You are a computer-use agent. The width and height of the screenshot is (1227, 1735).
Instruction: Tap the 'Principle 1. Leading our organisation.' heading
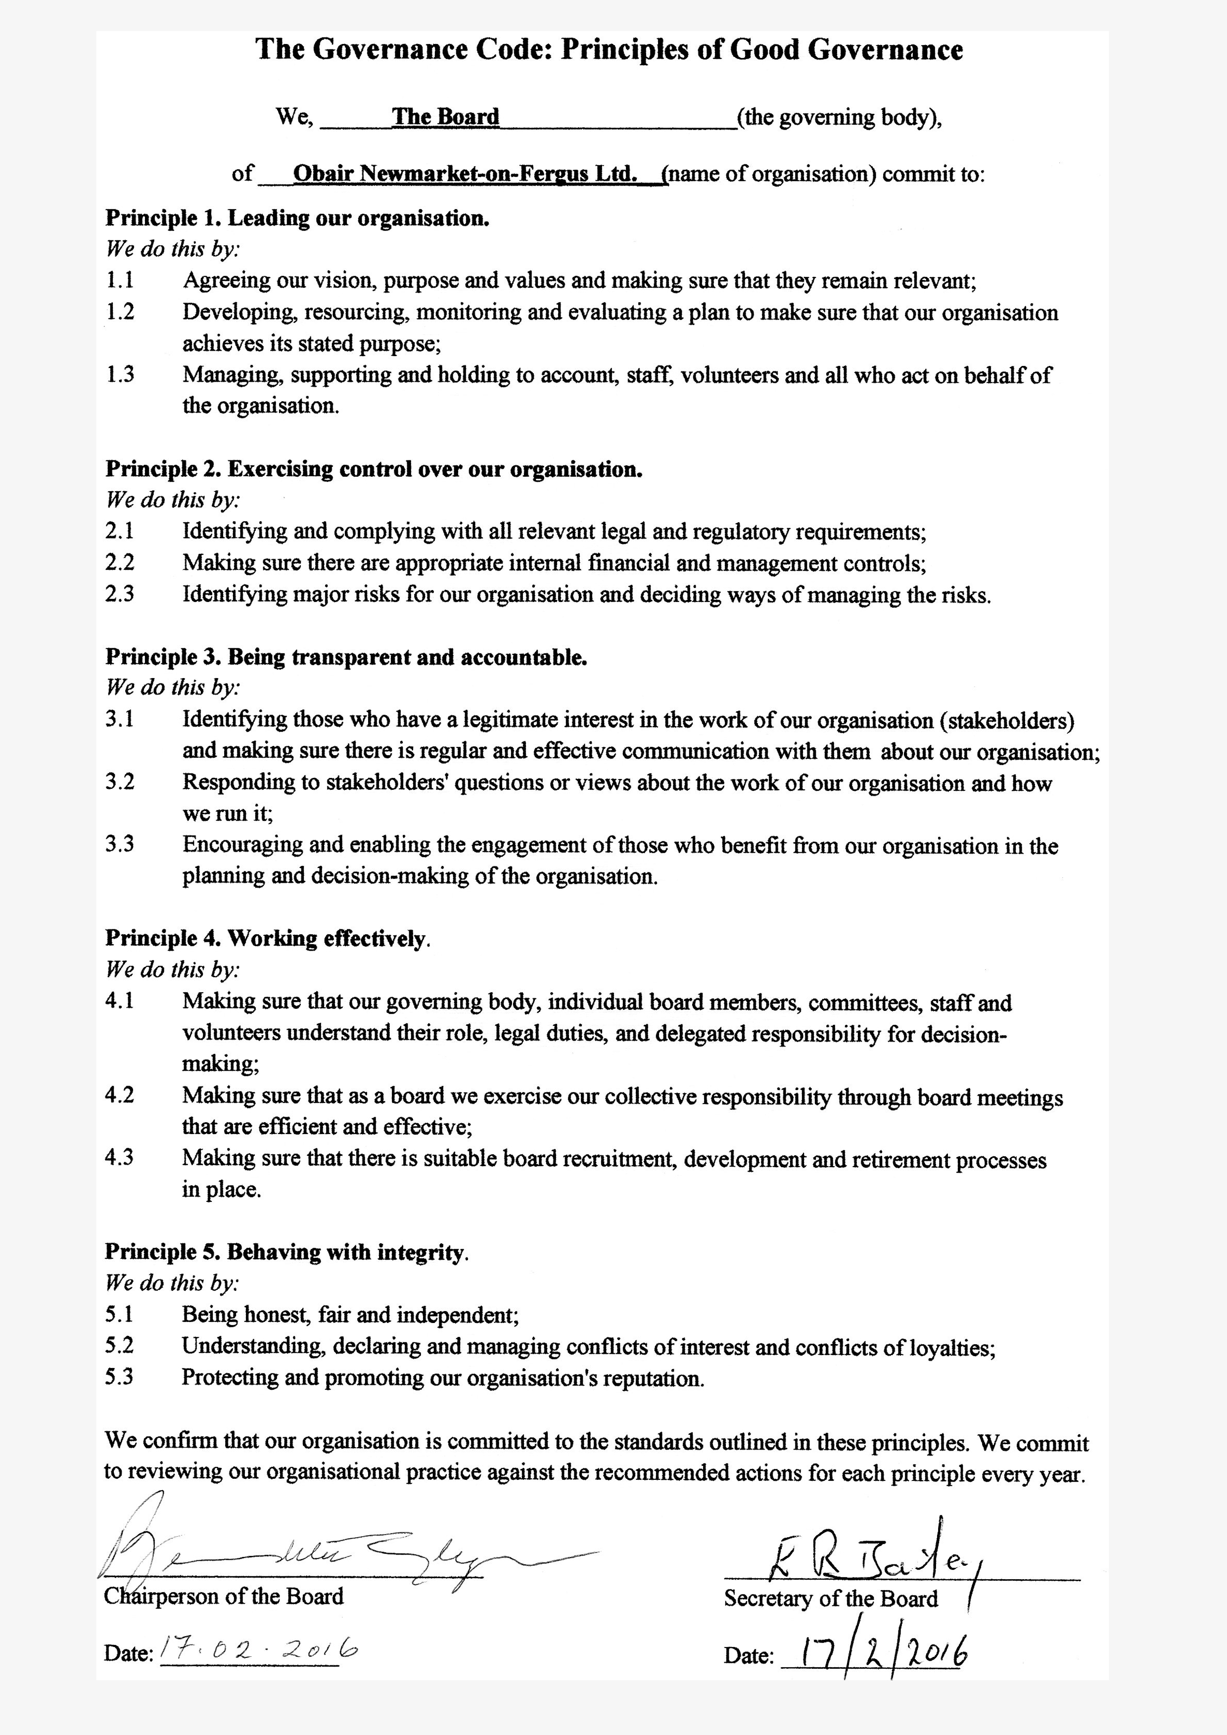click(x=297, y=219)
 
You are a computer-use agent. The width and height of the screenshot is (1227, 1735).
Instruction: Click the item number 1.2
click(x=119, y=311)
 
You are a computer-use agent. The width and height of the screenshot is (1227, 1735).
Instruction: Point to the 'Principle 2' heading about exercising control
click(x=374, y=469)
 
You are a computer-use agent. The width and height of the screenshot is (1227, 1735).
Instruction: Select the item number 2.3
click(x=119, y=594)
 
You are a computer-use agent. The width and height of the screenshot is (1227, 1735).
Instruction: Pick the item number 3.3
click(x=119, y=844)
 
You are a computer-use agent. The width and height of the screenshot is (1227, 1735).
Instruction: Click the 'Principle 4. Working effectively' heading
click(x=266, y=939)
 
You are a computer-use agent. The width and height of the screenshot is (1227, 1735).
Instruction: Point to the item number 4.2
click(x=119, y=1095)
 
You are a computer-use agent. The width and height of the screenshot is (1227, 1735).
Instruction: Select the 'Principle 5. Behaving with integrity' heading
click(x=286, y=1252)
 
